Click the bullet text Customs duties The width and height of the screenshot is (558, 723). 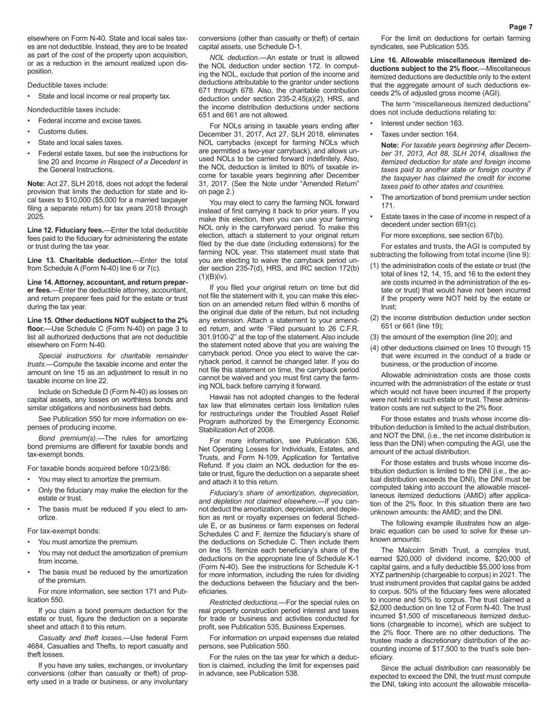(x=63, y=132)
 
